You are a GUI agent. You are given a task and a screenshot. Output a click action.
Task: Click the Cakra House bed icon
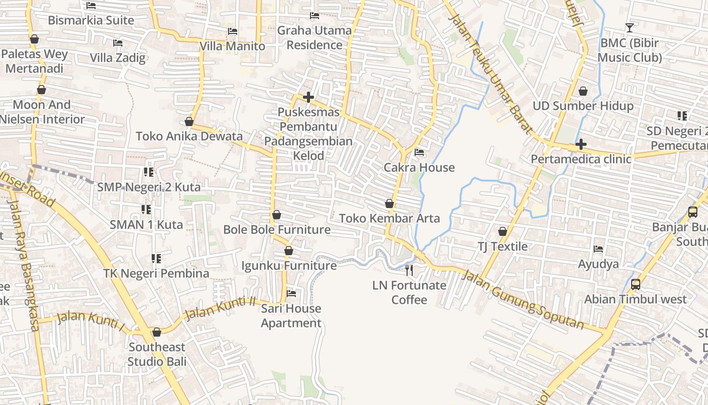pos(419,152)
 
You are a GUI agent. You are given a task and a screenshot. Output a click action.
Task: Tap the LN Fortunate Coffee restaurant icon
pos(409,270)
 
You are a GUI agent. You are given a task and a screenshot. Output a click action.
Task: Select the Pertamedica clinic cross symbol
pos(581,144)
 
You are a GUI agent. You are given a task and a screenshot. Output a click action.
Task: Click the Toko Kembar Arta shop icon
pos(389,204)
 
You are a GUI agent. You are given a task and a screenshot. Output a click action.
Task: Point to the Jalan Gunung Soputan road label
pos(523,301)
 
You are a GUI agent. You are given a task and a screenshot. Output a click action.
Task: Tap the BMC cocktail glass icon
pos(630,27)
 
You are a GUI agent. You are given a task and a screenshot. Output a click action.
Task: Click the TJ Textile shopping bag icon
pos(503,231)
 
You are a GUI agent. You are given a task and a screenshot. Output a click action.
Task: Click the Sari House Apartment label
pos(291,316)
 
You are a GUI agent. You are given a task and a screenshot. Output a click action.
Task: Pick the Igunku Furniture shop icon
pos(289,251)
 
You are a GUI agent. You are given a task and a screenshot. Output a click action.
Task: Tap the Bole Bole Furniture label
pos(277,230)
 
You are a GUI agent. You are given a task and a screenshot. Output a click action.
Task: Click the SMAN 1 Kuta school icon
pos(146,209)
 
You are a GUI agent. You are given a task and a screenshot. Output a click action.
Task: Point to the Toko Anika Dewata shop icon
pos(189,121)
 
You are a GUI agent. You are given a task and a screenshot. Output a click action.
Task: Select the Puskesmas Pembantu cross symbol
pos(308,97)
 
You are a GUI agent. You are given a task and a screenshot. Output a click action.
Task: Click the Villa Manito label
pos(232,46)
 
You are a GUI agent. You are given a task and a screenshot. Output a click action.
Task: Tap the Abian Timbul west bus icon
pos(636,285)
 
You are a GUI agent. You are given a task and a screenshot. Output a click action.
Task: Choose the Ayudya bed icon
pos(598,249)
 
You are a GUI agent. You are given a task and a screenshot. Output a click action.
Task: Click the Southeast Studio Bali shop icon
pos(157,332)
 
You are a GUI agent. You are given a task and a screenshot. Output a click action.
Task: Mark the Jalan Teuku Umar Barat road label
pos(490,73)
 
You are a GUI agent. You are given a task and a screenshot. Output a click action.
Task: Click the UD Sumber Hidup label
pos(583,106)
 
